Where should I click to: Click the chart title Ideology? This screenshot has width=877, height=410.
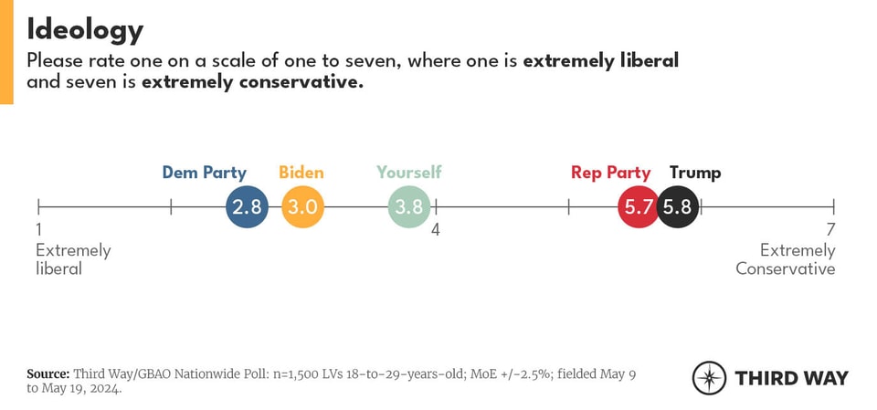point(85,29)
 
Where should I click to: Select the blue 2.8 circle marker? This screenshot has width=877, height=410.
point(247,207)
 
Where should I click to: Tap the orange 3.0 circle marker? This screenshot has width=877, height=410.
point(302,207)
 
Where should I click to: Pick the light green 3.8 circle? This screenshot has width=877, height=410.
point(408,207)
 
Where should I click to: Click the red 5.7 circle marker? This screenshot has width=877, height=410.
point(638,207)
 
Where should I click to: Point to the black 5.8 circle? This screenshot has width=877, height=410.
point(678,207)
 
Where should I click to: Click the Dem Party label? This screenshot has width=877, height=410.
point(205,173)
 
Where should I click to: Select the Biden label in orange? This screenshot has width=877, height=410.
point(301,173)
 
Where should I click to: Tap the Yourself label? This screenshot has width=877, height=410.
point(408,173)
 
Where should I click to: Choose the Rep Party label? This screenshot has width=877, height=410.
point(610,173)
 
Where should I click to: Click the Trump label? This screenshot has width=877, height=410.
point(694,173)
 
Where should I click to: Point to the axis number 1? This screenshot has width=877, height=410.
point(39,230)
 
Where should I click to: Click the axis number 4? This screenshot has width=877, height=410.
point(436,230)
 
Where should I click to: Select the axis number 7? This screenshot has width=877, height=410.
point(829,230)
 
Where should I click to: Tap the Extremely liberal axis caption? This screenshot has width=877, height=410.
point(73,259)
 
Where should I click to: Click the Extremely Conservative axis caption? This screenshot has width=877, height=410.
point(786,259)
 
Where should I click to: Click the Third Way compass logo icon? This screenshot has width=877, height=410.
point(709,378)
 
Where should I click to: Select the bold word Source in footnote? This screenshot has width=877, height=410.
point(48,373)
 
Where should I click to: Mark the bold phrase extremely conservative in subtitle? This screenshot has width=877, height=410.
point(252,83)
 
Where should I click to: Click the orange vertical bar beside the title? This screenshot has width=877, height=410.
point(6,52)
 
